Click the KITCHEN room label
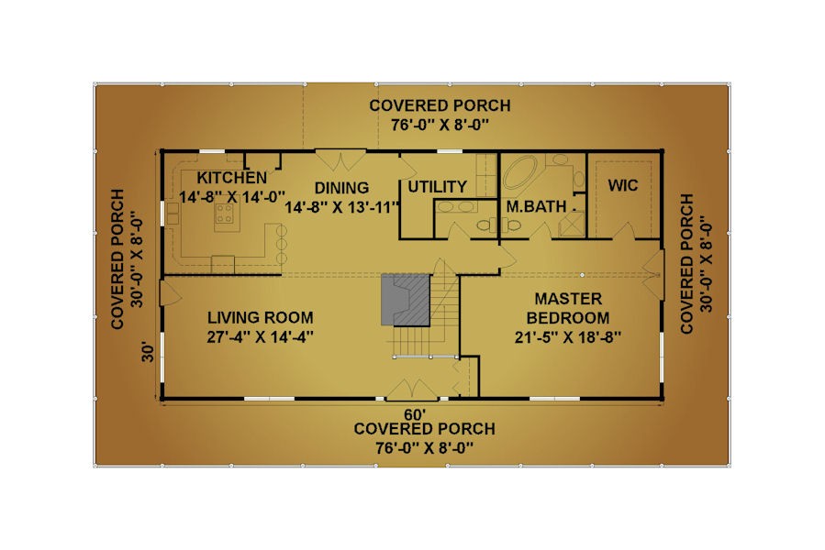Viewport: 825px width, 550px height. coord(231,177)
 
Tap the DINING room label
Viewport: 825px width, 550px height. coord(341,188)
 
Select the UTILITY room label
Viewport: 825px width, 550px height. coord(437,187)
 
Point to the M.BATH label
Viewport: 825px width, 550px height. coord(536,206)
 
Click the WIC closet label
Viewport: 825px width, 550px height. coord(623,185)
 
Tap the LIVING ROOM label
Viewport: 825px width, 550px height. coord(261,317)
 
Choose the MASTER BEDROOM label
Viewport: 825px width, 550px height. coord(568,308)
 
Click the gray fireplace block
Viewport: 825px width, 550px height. coord(406,300)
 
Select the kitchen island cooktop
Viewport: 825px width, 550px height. coord(225,214)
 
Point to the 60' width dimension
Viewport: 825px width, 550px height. coord(415,414)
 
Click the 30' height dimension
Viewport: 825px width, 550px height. coord(149,353)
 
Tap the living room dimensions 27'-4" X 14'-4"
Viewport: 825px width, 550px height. coord(261,336)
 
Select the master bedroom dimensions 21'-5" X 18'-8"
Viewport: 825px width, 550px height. coord(568,337)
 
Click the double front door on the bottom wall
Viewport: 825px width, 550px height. coord(413,390)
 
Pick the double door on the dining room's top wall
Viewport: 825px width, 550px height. coord(340,160)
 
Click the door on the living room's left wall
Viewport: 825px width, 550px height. coord(171,292)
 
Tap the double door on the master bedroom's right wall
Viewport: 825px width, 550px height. coord(653,275)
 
